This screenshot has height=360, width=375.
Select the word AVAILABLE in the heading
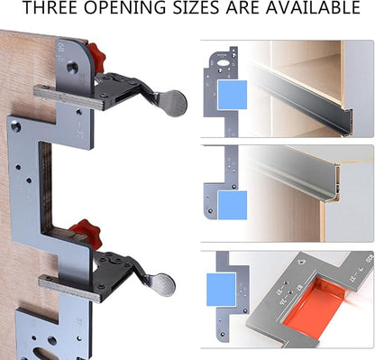coord(316,10)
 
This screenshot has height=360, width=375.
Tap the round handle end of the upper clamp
coord(172,101)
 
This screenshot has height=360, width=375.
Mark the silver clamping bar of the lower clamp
coord(72,288)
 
